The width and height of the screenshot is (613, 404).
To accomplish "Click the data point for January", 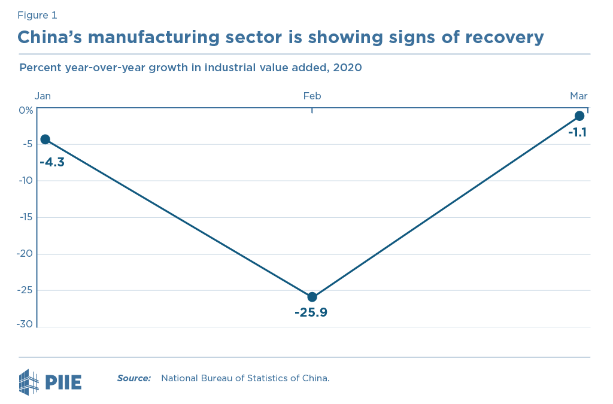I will pyautogui.click(x=45, y=139).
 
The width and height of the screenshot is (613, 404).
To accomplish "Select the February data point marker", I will pyautogui.click(x=312, y=297).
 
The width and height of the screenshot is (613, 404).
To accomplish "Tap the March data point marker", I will pyautogui.click(x=579, y=116).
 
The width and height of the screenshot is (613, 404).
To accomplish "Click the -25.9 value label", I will pyautogui.click(x=311, y=312).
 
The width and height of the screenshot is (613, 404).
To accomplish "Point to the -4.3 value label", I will pyautogui.click(x=52, y=162).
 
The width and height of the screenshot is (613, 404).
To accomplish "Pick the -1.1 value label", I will pyautogui.click(x=577, y=132).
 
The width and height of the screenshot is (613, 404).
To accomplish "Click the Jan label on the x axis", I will pyautogui.click(x=43, y=96).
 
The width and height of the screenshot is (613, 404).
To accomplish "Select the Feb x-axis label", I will pyautogui.click(x=312, y=96).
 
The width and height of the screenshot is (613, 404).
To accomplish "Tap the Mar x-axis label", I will pyautogui.click(x=578, y=96).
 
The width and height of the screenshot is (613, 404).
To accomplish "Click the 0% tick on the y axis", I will pyautogui.click(x=26, y=110).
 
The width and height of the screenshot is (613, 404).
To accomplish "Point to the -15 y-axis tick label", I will pyautogui.click(x=26, y=217).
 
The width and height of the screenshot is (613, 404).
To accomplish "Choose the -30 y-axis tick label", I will pyautogui.click(x=25, y=324).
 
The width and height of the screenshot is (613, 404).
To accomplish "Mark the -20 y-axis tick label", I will pyautogui.click(x=25, y=254).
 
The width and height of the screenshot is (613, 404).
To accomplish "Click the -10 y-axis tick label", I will pyautogui.click(x=26, y=181).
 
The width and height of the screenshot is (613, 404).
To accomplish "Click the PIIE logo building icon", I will pyautogui.click(x=29, y=382).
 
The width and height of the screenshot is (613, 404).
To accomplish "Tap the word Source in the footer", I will pyautogui.click(x=133, y=378).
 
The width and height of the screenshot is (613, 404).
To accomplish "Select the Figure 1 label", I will pyautogui.click(x=37, y=15).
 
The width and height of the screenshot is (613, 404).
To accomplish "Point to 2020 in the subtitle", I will pyautogui.click(x=347, y=67).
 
